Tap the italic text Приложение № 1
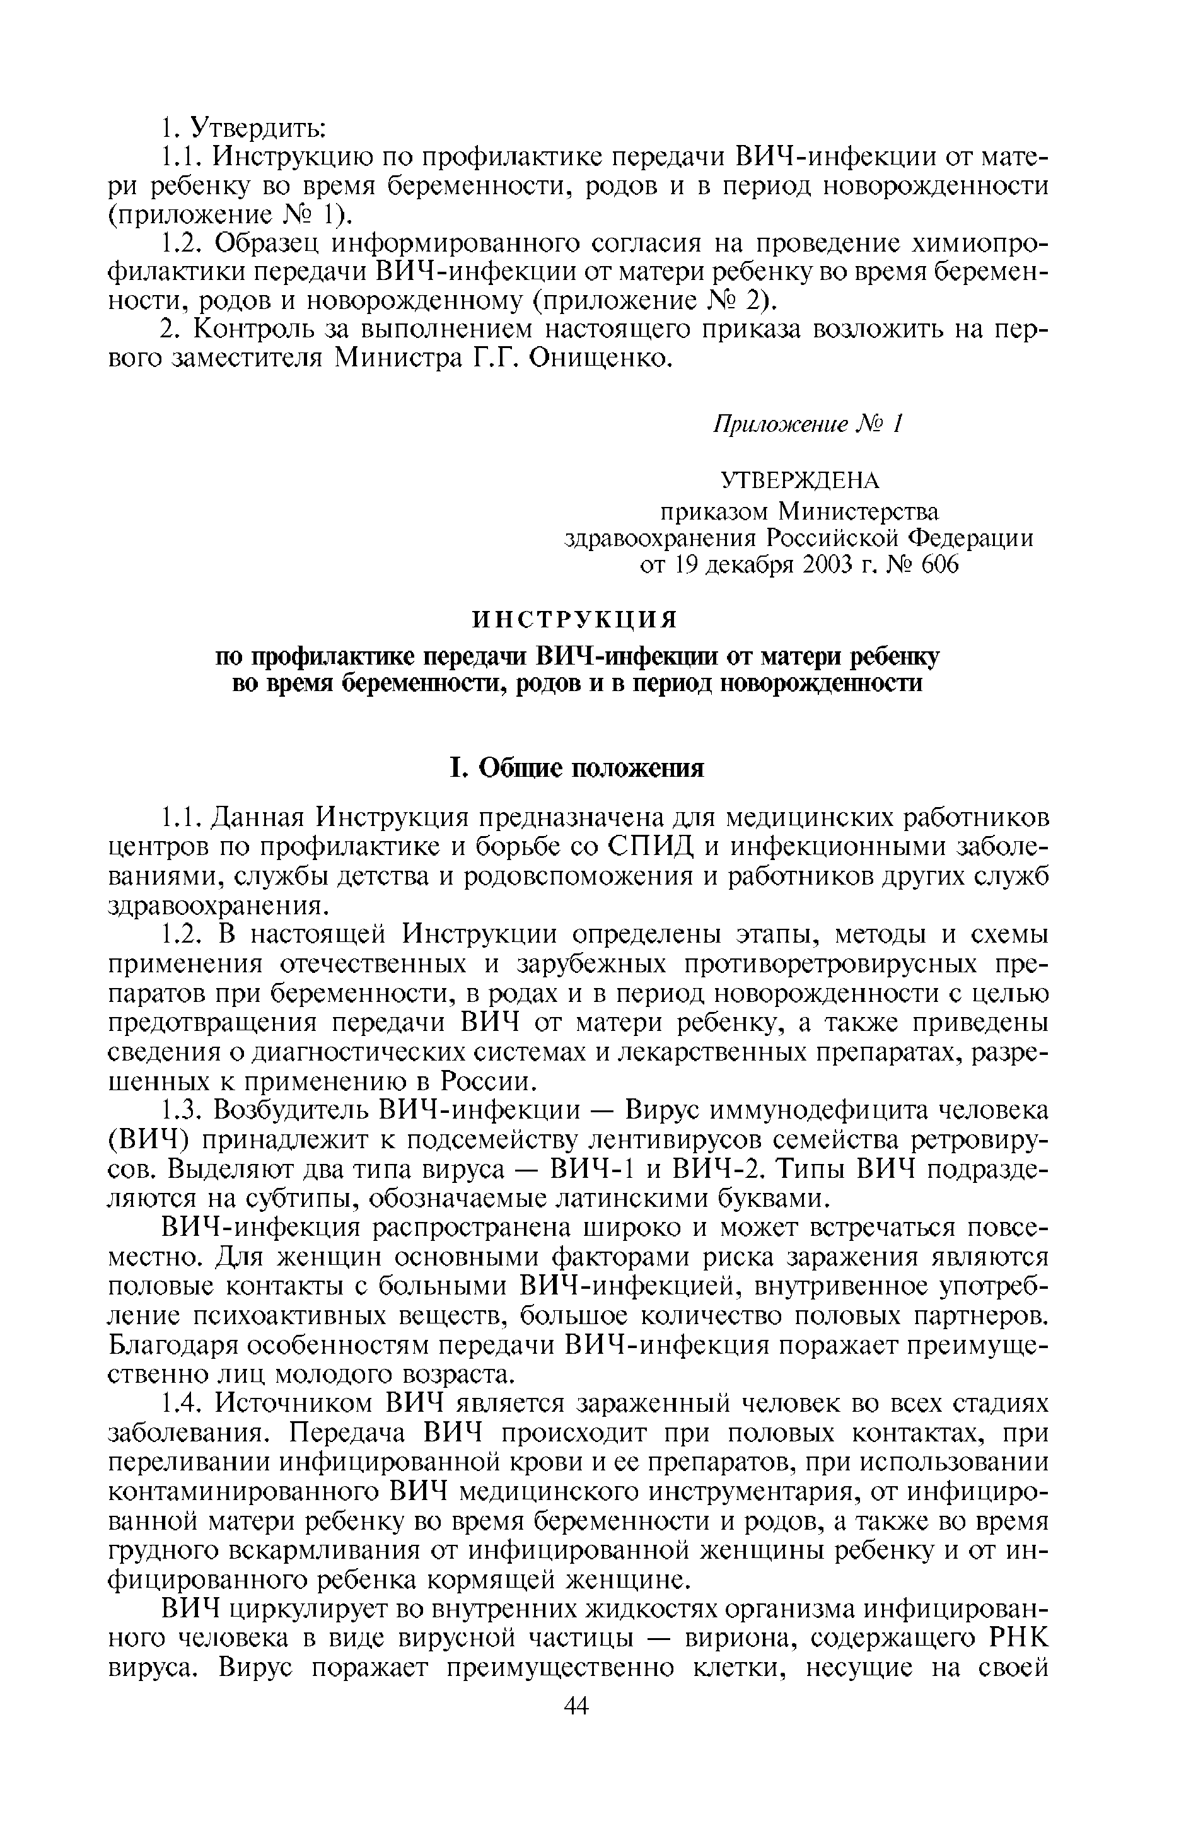tap(807, 424)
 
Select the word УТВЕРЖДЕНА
tap(799, 480)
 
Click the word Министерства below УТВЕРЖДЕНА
tap(858, 511)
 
